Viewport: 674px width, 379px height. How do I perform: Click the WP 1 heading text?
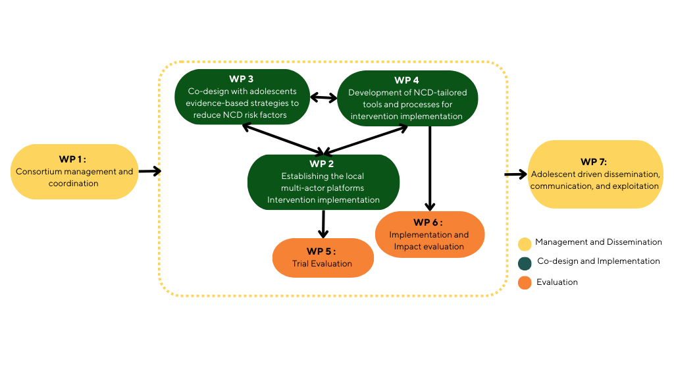[72, 159]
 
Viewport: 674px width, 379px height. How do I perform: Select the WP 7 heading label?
[594, 162]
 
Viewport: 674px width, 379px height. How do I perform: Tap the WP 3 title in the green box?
[241, 79]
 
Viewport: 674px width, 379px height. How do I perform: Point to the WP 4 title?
[407, 80]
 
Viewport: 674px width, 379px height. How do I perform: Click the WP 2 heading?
[321, 164]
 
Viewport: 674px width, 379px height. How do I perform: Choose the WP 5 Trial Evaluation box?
[323, 258]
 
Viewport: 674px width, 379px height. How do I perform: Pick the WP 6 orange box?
[430, 234]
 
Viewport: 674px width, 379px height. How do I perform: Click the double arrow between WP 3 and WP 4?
[324, 98]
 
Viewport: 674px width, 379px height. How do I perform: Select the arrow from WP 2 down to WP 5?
[323, 224]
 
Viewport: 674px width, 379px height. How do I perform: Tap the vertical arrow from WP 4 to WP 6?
[430, 168]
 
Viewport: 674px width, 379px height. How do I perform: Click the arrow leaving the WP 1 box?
[150, 171]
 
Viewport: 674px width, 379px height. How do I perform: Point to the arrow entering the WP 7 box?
[516, 174]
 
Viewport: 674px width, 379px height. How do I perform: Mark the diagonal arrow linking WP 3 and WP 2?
[283, 139]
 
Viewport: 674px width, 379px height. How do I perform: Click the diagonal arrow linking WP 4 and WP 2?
[365, 139]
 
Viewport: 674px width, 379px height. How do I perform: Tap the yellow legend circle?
[525, 244]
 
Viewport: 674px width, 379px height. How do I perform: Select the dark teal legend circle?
[525, 263]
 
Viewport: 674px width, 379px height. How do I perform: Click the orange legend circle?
[525, 283]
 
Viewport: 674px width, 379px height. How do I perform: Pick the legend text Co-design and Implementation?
[598, 261]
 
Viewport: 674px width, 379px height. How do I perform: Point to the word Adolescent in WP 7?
[554, 174]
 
